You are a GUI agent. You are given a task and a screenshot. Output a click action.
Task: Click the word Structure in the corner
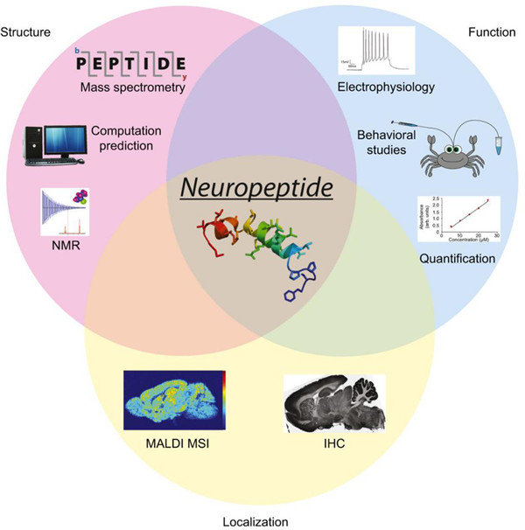click(25, 32)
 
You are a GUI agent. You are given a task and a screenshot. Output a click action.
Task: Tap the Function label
click(492, 32)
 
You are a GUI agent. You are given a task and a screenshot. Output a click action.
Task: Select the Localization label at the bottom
click(262, 520)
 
